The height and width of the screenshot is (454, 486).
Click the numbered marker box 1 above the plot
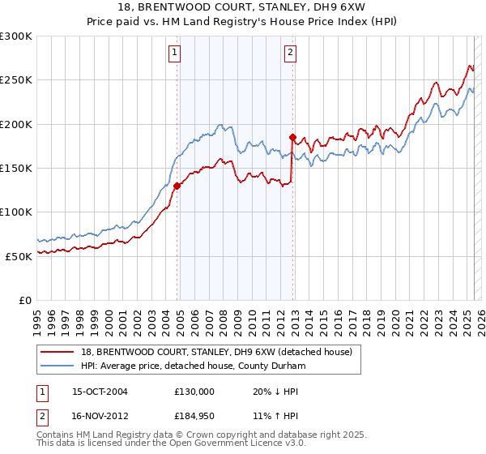tap(175, 54)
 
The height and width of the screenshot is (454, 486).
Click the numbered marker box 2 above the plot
tap(290, 54)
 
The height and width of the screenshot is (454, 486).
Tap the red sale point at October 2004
tap(177, 186)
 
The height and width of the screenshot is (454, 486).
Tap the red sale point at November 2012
tap(292, 137)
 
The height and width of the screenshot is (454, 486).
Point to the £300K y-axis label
tap(16, 36)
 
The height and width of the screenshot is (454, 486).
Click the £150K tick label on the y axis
tap(16, 168)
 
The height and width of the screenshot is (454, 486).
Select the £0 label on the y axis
tap(24, 300)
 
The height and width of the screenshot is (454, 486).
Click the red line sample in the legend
tap(57, 352)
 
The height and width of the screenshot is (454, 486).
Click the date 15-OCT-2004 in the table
tap(92, 391)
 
